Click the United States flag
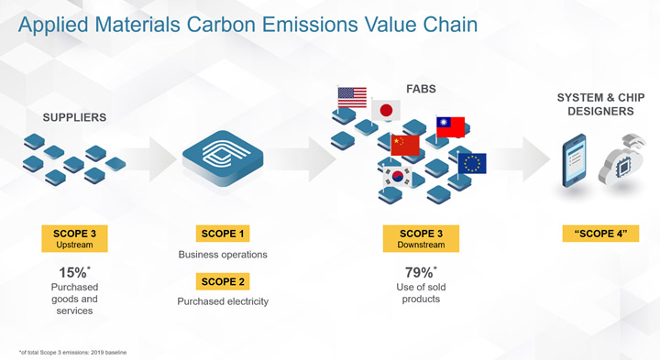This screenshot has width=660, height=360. tap(352, 98)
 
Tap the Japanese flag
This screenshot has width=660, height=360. tap(386, 111)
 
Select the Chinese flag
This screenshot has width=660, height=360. tap(405, 145)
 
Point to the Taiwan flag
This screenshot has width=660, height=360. tap(450, 127)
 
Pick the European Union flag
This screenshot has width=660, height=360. tap(472, 164)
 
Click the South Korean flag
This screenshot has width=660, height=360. tap(397, 177)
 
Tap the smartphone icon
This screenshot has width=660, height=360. tap(574, 160)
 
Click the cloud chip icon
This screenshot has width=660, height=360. tap(621, 159)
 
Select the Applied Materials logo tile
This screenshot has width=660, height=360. tap(223, 158)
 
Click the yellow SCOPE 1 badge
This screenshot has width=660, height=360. tap(223, 234)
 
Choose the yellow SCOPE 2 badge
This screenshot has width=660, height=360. tap(223, 281)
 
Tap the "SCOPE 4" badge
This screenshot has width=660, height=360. tap(600, 234)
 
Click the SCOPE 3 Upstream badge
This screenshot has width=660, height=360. tap(74, 238)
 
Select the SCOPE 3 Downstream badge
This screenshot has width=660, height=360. tap(421, 238)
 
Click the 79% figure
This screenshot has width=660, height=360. tap(421, 273)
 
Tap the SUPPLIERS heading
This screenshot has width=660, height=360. tap(74, 117)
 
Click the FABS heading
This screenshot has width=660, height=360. tap(421, 89)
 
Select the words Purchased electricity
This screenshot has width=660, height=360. tap(223, 301)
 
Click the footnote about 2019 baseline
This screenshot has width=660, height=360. tap(72, 353)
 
